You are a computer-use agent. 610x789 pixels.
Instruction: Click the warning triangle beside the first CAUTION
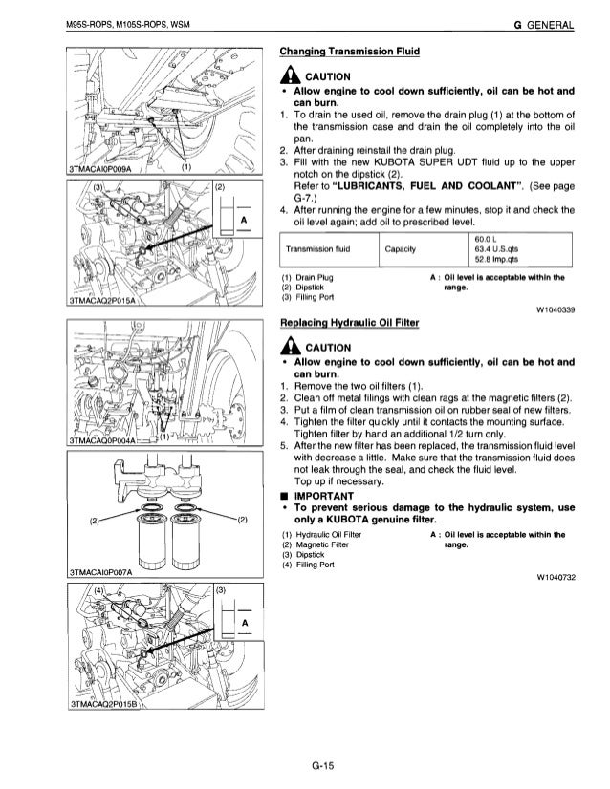(286, 77)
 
